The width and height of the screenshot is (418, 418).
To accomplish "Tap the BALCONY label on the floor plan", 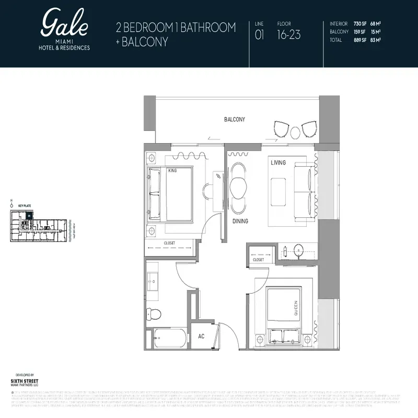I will (235, 120).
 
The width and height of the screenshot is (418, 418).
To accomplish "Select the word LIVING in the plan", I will (278, 163).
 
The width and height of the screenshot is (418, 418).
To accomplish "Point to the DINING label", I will (240, 222).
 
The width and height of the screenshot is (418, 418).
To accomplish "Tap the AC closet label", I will (201, 336).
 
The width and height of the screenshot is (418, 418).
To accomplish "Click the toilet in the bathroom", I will (154, 313).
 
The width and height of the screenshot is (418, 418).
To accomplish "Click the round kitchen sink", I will (298, 250).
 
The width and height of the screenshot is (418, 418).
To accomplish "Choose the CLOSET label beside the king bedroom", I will (169, 243).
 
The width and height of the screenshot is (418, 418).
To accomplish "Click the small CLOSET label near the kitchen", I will (258, 260).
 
